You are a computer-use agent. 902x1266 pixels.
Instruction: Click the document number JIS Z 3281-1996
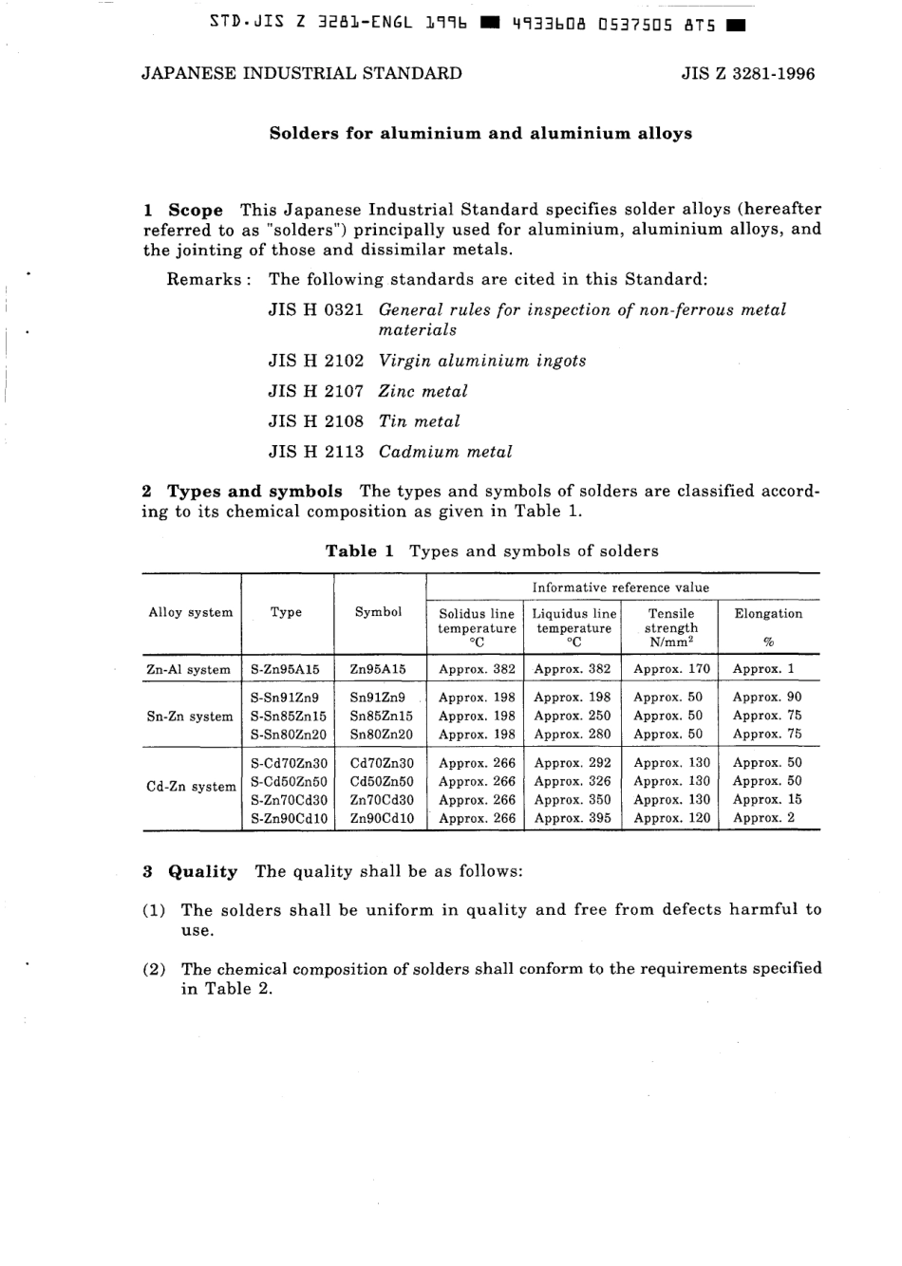click(747, 73)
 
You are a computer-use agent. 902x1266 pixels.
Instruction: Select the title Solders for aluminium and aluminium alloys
click(480, 133)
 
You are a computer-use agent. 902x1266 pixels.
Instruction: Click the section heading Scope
click(196, 210)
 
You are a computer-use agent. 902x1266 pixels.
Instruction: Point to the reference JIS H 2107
click(315, 391)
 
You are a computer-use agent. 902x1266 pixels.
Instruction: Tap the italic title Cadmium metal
click(445, 452)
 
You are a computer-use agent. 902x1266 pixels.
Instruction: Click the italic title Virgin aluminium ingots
click(482, 361)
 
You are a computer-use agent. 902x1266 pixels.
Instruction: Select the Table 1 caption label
click(359, 551)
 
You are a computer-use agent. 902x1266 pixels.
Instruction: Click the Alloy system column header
click(191, 612)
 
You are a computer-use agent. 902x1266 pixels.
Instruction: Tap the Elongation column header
click(768, 613)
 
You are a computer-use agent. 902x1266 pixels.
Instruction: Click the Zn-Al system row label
click(188, 669)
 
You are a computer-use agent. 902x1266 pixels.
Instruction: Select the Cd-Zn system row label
click(191, 786)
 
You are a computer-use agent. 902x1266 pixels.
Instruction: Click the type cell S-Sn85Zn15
click(288, 716)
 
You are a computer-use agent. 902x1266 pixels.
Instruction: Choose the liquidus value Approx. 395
click(573, 818)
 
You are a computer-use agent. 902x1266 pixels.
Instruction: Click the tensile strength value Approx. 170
click(671, 669)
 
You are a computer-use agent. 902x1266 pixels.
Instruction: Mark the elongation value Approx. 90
click(767, 697)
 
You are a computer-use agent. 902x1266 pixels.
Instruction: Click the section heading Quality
click(202, 871)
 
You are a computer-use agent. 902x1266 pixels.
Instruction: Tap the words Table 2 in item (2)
click(238, 989)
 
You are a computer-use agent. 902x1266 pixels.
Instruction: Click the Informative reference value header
click(620, 587)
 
